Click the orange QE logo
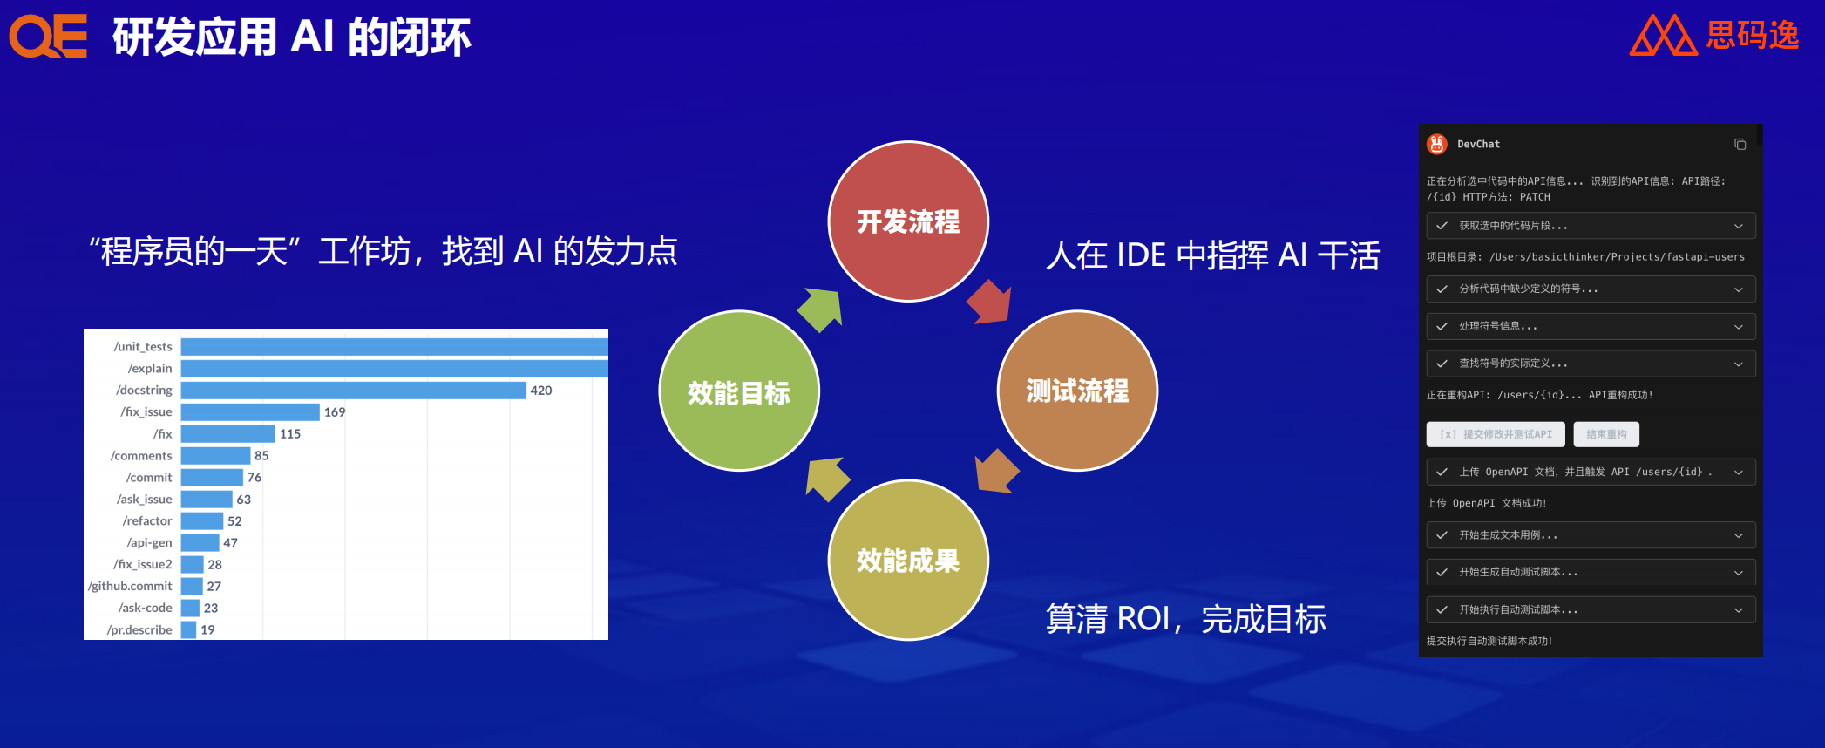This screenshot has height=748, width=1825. pos(48,37)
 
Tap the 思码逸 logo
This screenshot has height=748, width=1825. pos(1714,35)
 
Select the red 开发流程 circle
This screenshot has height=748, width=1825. pos(908,221)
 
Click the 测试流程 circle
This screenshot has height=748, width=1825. pos(1077,391)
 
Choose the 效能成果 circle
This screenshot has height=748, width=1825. pos(908,560)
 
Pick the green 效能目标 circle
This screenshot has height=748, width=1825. pos(739,391)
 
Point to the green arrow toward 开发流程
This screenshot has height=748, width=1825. pos(821,309)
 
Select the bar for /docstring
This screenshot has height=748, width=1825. pos(353,391)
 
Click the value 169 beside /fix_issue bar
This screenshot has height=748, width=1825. pos(335,412)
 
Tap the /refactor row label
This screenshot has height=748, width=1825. pos(147,521)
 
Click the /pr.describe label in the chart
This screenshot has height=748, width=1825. pos(139,630)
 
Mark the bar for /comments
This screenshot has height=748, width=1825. pos(215,456)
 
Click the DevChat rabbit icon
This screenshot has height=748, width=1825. pos(1437,145)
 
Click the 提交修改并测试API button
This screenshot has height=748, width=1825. pos(1496,434)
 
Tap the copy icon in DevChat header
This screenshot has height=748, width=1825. pos(1740,145)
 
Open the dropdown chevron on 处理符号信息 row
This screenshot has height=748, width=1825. pos(1738,327)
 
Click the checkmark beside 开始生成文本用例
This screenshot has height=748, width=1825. pos(1442,535)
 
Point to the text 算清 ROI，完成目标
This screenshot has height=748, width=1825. pos(1185,619)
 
